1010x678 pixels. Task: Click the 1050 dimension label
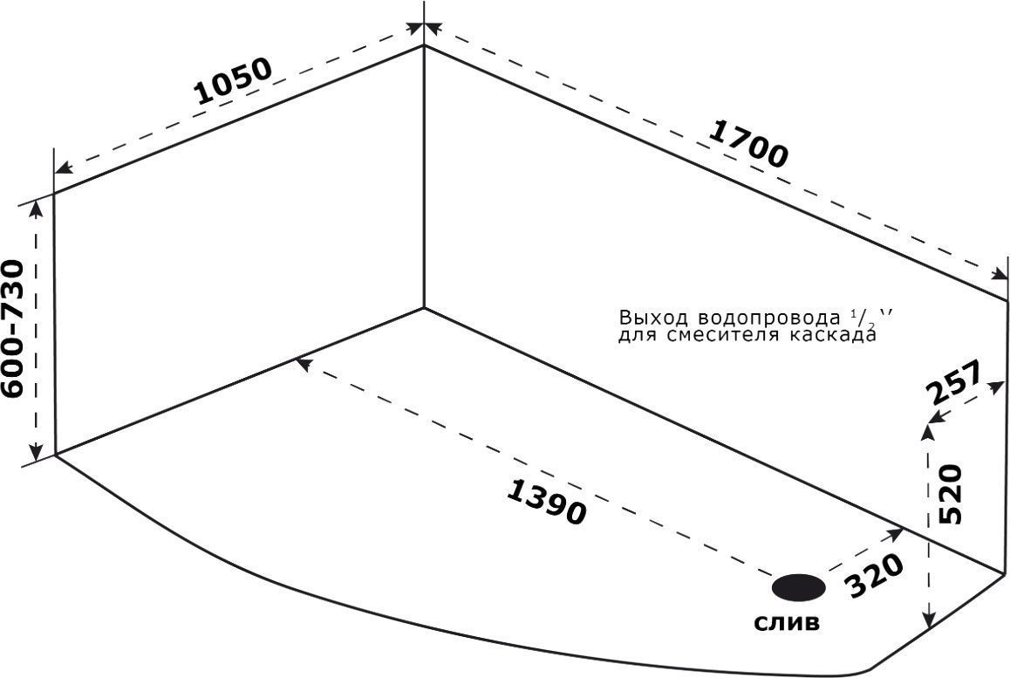pos(234,81)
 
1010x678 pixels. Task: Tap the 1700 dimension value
pos(747,144)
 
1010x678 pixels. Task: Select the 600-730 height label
pos(14,329)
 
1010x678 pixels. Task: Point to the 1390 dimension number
pos(547,502)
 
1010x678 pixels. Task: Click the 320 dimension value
pos(874,576)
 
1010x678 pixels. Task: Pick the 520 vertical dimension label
pos(951,494)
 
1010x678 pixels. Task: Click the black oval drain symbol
pos(799,587)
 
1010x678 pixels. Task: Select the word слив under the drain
pos(787,622)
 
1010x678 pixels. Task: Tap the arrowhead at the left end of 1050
pos(63,168)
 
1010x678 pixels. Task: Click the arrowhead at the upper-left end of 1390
pos(304,365)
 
